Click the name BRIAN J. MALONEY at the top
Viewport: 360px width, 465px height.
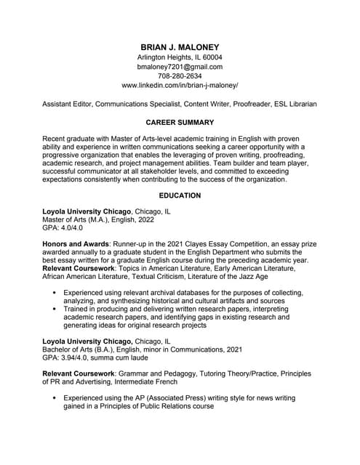179,46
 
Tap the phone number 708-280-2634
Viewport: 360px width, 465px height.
179,76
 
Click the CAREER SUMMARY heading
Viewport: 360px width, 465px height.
180,122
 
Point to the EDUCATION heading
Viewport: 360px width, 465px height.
180,195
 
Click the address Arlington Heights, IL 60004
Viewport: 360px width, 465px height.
179,57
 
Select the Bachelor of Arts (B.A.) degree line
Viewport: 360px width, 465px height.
143,349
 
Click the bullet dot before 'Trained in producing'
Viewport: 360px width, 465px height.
55,309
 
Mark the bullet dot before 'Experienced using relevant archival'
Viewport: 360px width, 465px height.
55,292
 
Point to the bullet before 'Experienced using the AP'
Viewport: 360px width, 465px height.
55,398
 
